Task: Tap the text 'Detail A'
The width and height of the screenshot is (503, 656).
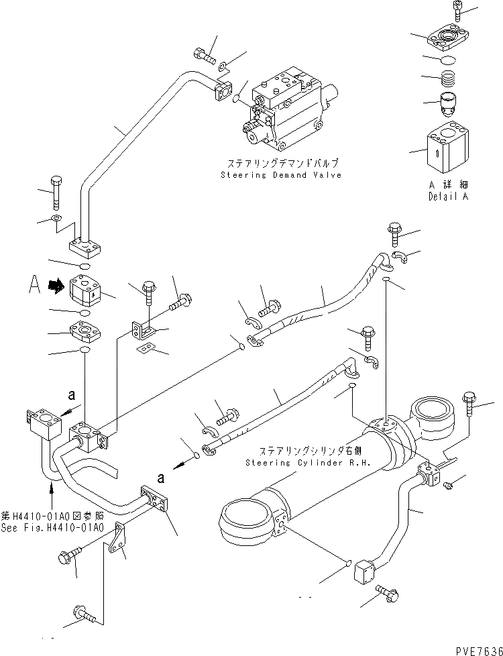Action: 447,197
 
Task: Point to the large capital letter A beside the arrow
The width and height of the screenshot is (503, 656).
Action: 37,286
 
